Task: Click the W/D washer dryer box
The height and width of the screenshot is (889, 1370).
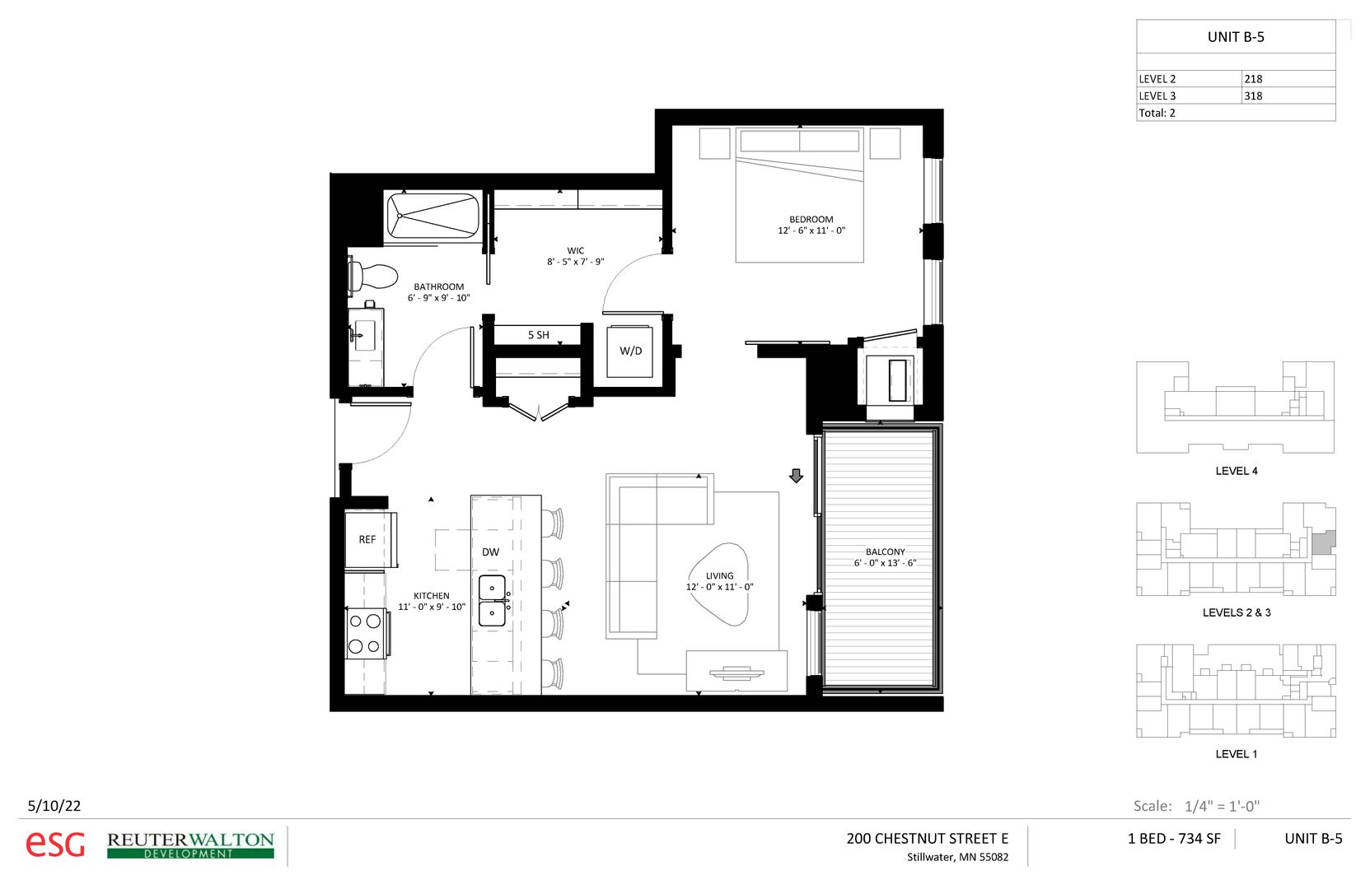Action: coord(630,351)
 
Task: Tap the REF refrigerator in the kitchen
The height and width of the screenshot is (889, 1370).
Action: coord(367,540)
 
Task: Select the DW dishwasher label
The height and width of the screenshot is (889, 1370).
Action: coord(490,552)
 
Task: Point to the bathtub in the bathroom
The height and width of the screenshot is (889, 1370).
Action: coord(433,216)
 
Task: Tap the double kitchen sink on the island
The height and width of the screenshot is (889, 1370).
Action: coord(492,600)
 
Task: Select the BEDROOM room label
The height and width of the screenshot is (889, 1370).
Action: coord(811,220)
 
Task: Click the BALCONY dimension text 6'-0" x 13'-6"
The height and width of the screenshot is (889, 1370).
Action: coord(885,563)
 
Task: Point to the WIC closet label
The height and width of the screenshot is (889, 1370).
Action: coord(576,251)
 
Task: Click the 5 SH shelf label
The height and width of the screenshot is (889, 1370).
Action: coord(538,335)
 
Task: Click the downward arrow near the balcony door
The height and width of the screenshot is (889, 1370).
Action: coord(796,476)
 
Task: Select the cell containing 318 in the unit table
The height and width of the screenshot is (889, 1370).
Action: coord(1287,95)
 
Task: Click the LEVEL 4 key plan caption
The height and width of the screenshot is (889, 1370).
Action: coord(1236,471)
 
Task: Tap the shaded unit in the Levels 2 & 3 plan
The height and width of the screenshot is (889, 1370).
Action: coord(1323,543)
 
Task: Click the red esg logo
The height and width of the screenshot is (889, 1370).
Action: coord(55,845)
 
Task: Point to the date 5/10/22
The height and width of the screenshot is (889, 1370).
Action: coord(54,806)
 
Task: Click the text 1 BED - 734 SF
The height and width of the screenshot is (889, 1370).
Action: coord(1173,839)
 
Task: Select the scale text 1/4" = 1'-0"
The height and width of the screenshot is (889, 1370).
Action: coord(1222,806)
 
